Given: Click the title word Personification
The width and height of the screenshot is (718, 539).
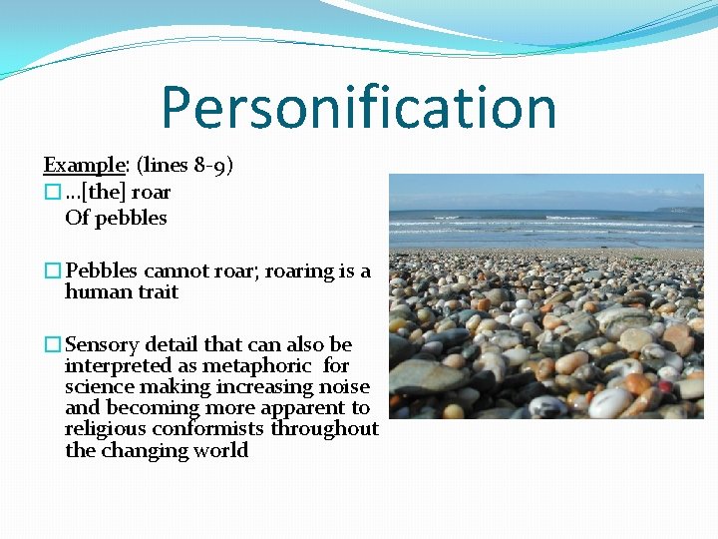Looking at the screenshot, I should click(358, 107).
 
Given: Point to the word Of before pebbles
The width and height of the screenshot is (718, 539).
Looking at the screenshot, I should click(77, 218).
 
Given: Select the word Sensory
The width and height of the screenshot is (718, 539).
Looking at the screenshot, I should click(103, 344).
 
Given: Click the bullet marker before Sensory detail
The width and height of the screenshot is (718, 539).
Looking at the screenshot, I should click(52, 345).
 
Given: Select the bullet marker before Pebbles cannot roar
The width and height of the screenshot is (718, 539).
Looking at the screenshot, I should click(52, 271).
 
